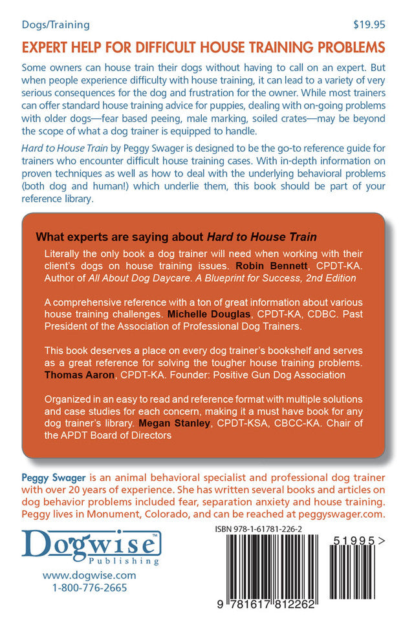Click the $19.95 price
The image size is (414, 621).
[x=369, y=25]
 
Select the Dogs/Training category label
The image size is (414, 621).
[x=56, y=25]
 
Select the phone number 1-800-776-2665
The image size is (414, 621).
[x=80, y=588]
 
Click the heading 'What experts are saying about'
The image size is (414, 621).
[x=108, y=236]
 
